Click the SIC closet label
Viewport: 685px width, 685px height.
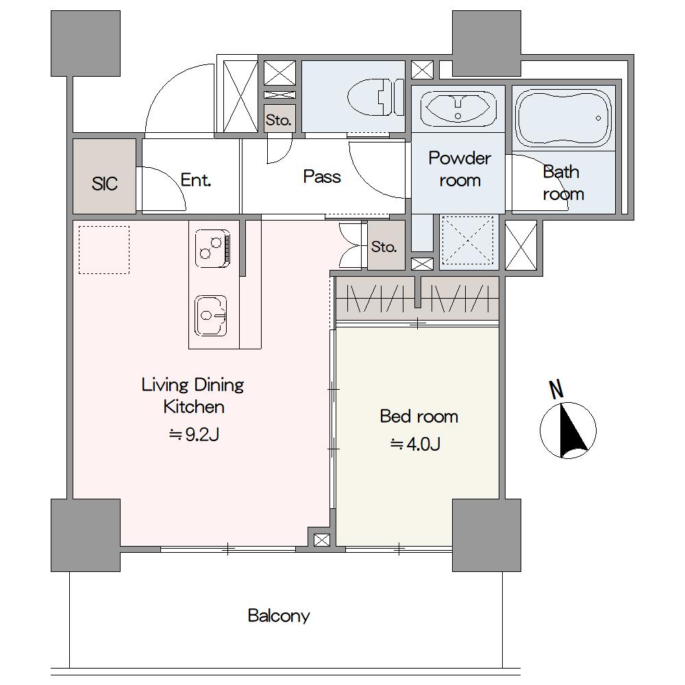point(104,184)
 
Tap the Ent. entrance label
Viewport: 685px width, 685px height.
point(196,179)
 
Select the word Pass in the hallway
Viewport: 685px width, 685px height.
point(322,177)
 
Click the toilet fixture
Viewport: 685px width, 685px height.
point(376,97)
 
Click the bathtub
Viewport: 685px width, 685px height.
point(563,119)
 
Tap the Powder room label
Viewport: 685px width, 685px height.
point(460,169)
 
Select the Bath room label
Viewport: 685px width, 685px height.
point(563,183)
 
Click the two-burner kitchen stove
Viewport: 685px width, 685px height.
point(212,249)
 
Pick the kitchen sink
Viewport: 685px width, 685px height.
point(211,316)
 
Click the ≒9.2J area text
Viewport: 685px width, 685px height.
point(194,435)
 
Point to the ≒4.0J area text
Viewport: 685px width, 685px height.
point(415,445)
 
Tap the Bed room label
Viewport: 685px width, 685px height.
point(419,416)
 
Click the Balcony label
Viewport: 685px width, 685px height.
point(279,616)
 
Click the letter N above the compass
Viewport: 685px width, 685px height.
point(556,390)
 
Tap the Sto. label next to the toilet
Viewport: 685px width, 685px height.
point(279,120)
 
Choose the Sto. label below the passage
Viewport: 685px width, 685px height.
point(384,247)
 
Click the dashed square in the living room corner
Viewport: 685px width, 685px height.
point(104,250)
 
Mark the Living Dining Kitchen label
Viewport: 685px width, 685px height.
point(193,396)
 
